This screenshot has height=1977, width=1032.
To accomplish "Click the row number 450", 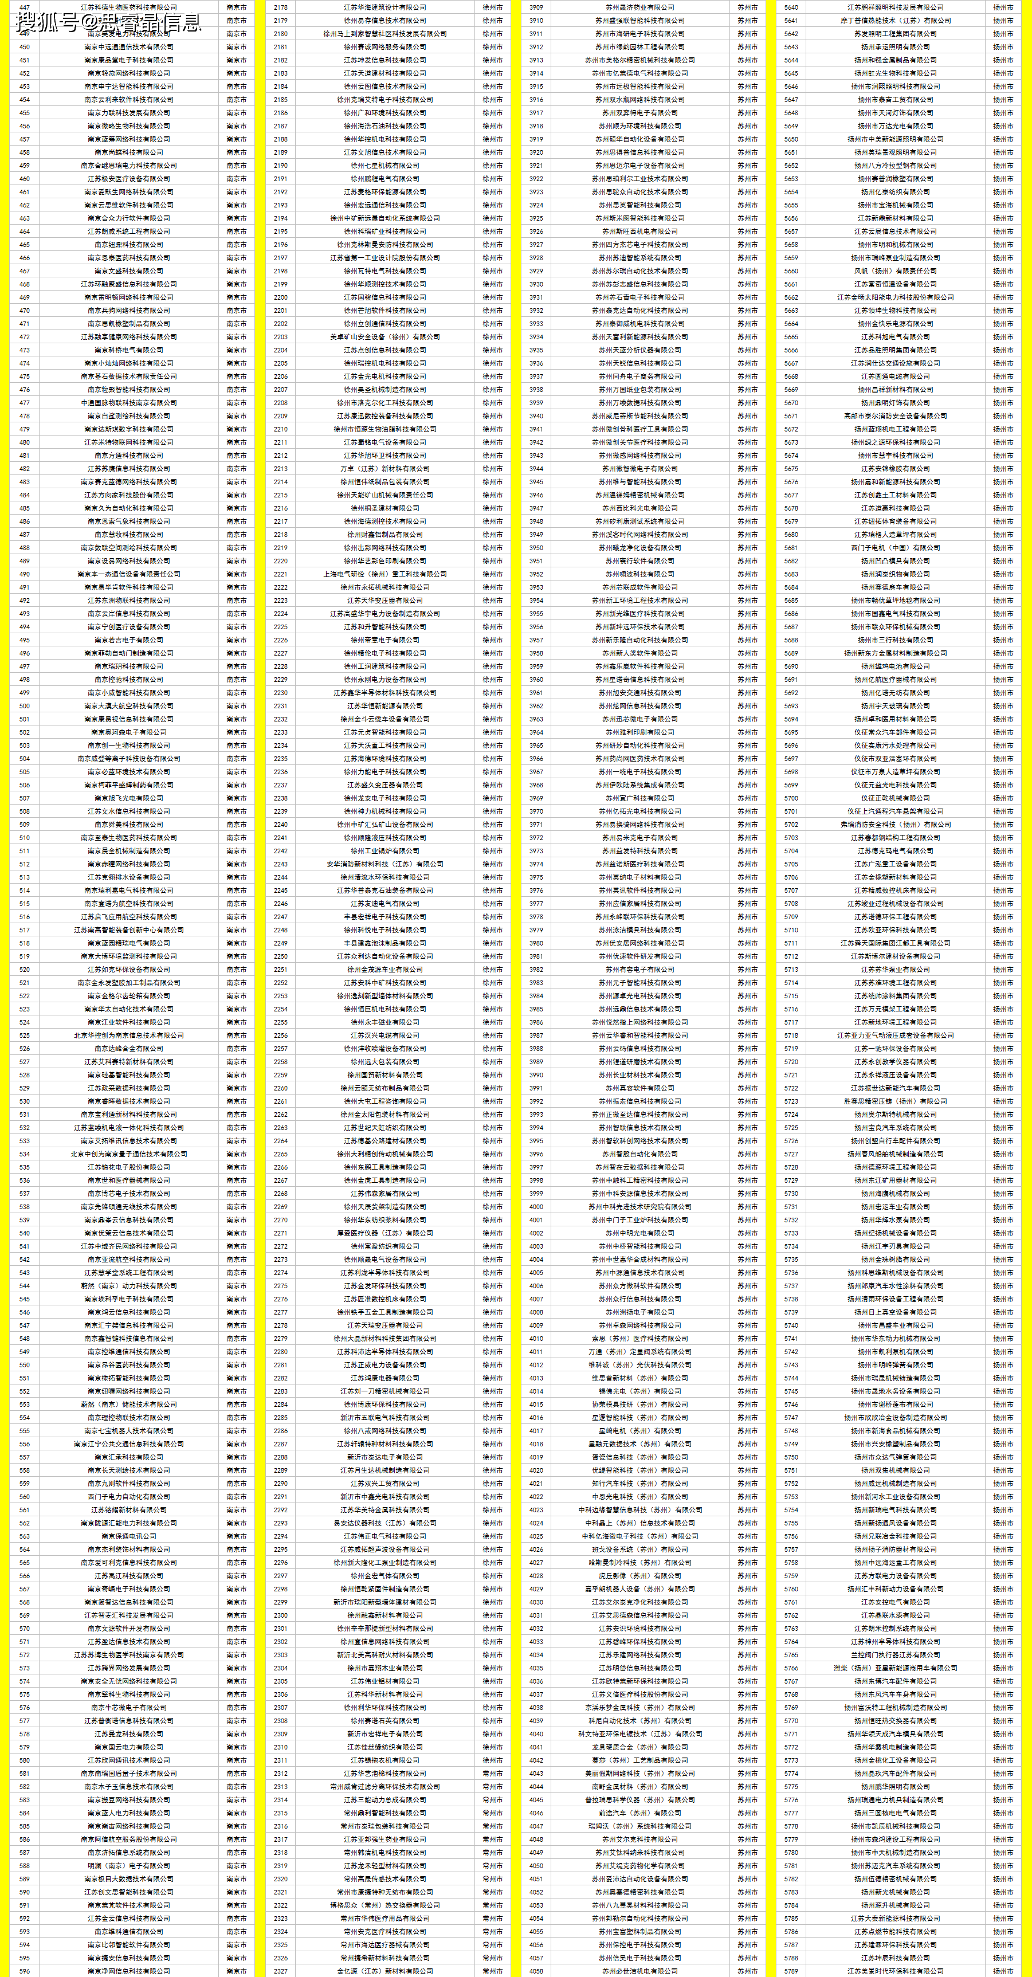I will click(25, 47).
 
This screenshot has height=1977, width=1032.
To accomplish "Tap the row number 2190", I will click(280, 166).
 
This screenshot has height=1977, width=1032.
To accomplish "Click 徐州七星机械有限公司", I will click(384, 166).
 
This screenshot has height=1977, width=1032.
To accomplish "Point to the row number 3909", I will click(536, 7).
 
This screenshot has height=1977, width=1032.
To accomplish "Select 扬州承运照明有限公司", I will click(894, 47).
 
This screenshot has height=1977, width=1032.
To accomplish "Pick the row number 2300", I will click(280, 1615).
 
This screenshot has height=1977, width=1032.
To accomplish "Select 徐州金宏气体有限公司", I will click(384, 1576).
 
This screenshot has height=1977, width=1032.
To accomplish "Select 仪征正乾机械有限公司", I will click(894, 798).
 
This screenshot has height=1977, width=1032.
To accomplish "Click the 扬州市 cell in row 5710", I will click(1002, 930).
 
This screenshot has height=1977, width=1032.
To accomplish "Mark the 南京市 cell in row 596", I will click(236, 1971).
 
